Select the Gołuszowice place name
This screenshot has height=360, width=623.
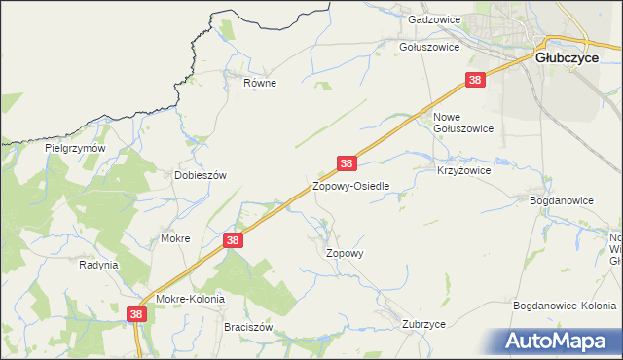point(429,46)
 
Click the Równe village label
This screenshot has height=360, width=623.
point(260,83)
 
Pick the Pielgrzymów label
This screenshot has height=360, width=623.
point(75,149)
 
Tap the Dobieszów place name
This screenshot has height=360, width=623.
point(200,175)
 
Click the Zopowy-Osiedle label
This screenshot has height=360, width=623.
point(350,185)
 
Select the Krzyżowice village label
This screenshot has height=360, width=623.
point(463,169)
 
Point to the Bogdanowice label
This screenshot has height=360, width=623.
point(561,199)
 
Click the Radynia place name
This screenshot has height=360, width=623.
point(98,264)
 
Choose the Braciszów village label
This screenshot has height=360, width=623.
point(247,328)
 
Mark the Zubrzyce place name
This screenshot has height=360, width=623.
point(423,324)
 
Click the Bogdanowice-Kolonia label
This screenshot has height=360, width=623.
point(565,306)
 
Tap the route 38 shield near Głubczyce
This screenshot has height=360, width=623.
point(475,81)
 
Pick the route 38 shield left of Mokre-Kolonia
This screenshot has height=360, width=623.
point(136,313)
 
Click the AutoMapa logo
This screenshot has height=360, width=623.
point(560,341)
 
